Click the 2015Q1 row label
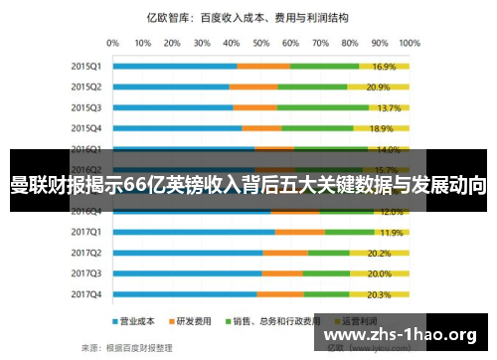pos(86,66)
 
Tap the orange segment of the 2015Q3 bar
pos(255,107)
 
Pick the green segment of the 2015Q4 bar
pos(317,128)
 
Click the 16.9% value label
pos(385,67)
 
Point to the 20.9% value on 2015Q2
pos(379,88)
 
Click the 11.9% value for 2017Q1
pos(391,233)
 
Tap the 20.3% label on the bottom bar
pos(380,294)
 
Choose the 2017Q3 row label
pos(86,272)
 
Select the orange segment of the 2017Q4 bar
pos(280,294)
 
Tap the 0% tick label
pos(112,42)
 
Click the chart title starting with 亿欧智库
pos(248,17)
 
